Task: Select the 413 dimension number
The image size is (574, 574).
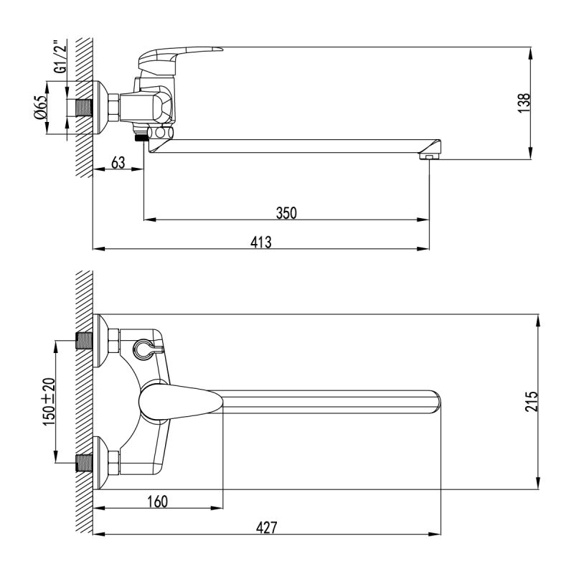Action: (x=261, y=242)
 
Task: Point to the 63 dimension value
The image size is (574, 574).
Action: (x=119, y=163)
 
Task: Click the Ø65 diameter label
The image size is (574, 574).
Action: (x=41, y=107)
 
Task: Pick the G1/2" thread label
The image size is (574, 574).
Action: (x=61, y=55)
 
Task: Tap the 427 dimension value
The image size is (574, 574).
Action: (x=266, y=527)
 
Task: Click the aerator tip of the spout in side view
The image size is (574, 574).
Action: (x=428, y=154)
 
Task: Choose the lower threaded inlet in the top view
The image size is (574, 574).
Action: (x=84, y=463)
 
